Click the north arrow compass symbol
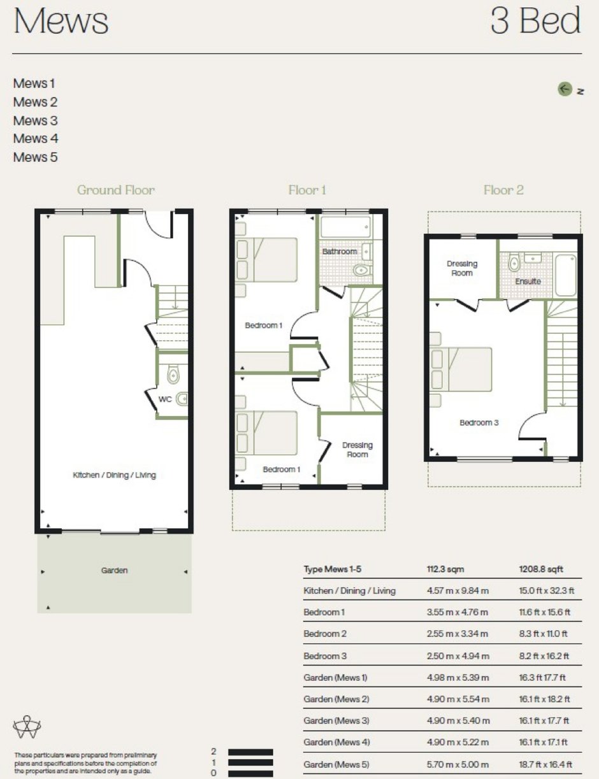[x=565, y=89]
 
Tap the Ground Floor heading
[x=116, y=190]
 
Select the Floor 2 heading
[x=503, y=190]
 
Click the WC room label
[x=165, y=399]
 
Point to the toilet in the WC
[x=173, y=375]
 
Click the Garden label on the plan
[x=114, y=570]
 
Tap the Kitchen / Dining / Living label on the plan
[x=114, y=475]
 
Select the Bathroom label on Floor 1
[x=340, y=252]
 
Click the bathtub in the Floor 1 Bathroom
[x=345, y=227]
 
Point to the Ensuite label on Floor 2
[x=528, y=282]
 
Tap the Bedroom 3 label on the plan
[x=479, y=423]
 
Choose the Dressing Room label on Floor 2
[x=462, y=268]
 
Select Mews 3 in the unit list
[x=35, y=120]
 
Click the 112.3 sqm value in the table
[x=445, y=569]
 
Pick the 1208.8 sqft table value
[x=541, y=569]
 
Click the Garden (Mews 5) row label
[x=336, y=764]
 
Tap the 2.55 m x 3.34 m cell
[x=458, y=633]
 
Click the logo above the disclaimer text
[x=27, y=727]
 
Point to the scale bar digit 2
[x=213, y=752]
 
